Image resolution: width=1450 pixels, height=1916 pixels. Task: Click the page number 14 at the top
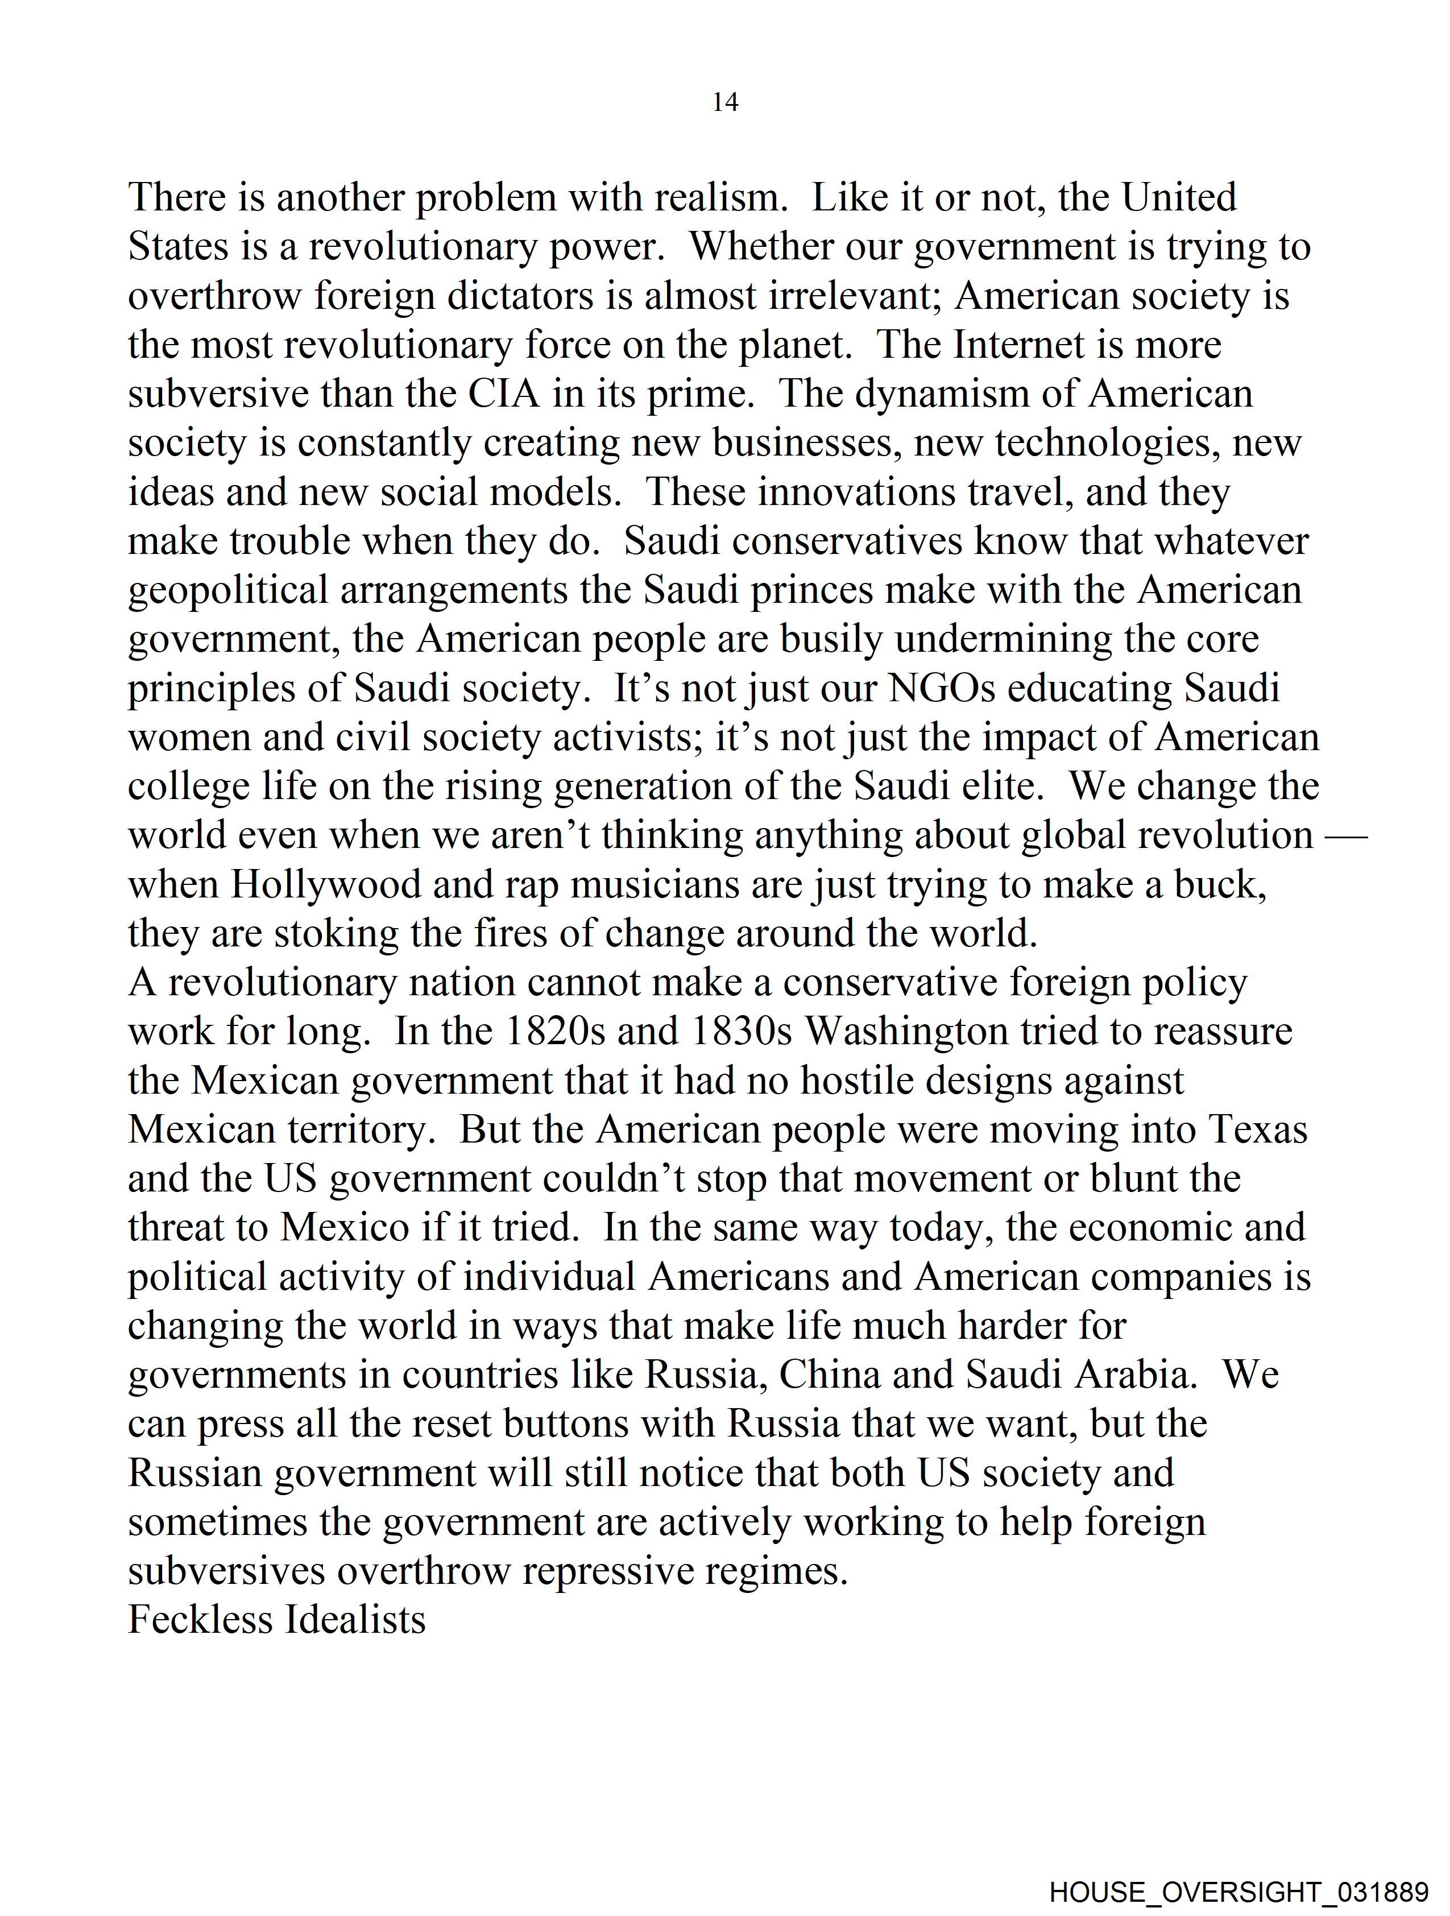point(725,102)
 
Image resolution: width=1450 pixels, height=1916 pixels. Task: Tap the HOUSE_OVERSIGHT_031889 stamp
point(1238,1892)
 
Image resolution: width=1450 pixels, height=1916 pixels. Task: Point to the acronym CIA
point(504,394)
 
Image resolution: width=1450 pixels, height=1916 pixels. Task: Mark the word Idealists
point(355,1620)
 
